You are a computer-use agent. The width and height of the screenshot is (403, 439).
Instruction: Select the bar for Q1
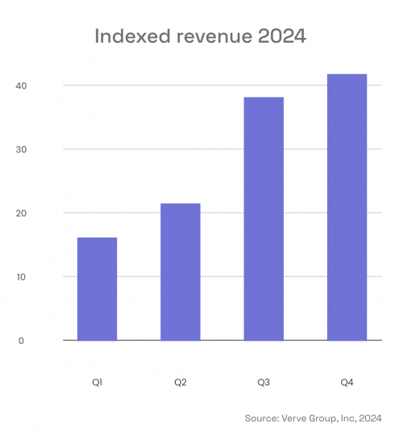97,288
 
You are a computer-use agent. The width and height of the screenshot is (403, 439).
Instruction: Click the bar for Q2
181,271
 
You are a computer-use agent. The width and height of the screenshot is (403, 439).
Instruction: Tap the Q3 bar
264,218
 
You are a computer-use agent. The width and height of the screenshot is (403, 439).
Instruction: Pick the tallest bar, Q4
347,207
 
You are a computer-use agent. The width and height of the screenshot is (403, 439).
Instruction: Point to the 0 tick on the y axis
21,341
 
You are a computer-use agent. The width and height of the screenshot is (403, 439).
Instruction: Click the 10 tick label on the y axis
20,277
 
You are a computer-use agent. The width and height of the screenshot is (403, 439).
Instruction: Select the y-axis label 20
20,213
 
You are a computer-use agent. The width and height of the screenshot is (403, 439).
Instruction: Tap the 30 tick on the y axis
20,150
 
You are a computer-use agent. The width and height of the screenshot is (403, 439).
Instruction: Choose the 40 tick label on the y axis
20,85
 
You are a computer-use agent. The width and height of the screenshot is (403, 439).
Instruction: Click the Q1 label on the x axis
97,380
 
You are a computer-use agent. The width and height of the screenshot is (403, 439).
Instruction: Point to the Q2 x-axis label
181,380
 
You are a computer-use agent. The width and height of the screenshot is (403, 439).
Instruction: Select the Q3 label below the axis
264,380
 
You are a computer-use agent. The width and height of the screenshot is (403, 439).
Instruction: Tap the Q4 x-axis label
347,380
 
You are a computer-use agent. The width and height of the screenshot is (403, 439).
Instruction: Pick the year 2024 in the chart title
284,36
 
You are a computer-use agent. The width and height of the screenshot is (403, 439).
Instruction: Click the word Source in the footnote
262,418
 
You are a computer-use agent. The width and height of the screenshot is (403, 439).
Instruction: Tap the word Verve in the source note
297,418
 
